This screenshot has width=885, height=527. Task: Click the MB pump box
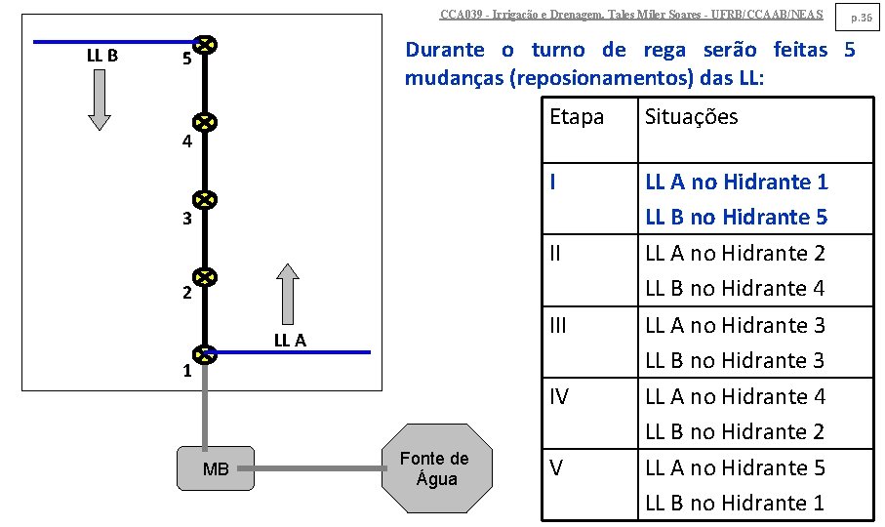click(215, 469)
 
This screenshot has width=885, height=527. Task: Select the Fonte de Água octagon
click(434, 469)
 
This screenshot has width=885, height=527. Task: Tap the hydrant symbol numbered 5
click(204, 45)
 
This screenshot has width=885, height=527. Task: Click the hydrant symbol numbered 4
click(204, 122)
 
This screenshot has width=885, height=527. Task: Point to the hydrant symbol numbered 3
click(204, 200)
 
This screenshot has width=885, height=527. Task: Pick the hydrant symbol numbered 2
click(204, 278)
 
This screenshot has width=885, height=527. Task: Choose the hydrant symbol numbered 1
click(204, 352)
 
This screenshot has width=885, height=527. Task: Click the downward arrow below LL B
click(100, 101)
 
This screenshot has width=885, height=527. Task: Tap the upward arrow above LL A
click(286, 292)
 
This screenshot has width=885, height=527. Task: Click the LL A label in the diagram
click(290, 341)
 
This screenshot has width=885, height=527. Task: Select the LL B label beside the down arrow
click(102, 56)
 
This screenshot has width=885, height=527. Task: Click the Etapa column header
click(577, 117)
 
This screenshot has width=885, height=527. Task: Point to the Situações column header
click(691, 117)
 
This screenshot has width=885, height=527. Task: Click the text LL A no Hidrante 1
click(736, 182)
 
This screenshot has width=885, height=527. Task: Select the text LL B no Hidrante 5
click(736, 217)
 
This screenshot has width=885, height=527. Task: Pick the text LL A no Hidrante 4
click(735, 396)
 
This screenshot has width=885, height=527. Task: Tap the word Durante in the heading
click(444, 51)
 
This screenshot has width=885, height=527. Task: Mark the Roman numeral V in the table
click(555, 467)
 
